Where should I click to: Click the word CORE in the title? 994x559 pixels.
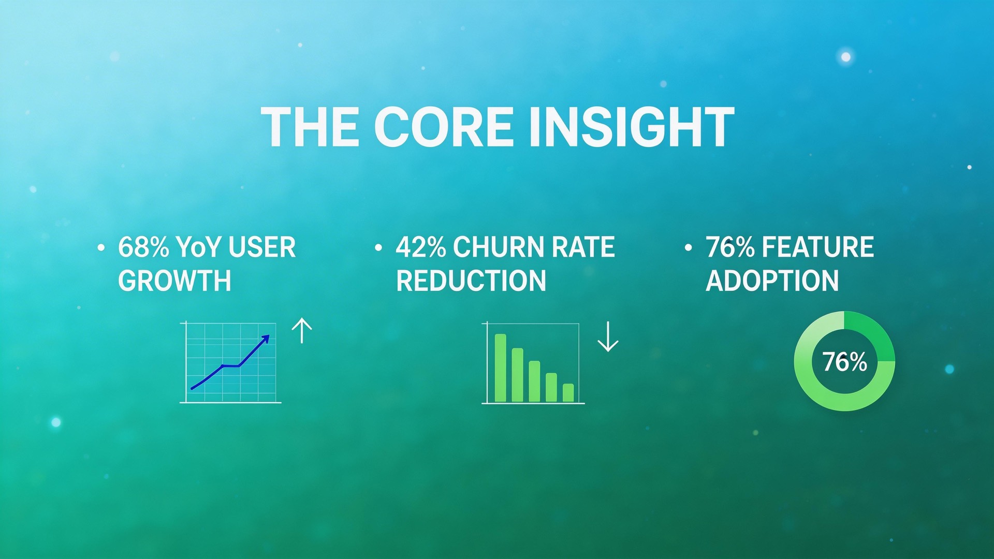click(443, 127)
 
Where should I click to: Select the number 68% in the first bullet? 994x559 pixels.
click(143, 247)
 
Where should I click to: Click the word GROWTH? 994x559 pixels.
click(174, 281)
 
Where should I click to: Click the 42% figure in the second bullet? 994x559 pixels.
click(420, 247)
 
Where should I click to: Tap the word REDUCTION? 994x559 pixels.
click(471, 281)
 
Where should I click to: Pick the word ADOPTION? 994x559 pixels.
click(772, 281)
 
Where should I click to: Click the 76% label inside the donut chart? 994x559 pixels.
click(844, 362)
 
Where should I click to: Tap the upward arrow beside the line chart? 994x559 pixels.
click(302, 331)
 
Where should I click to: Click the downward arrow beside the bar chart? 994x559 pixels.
click(608, 337)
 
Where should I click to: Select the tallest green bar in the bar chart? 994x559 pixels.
click(500, 368)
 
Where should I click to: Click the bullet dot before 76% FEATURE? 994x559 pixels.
click(688, 248)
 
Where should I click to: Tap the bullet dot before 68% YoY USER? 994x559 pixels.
click(101, 248)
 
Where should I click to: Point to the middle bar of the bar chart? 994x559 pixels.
click(534, 381)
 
